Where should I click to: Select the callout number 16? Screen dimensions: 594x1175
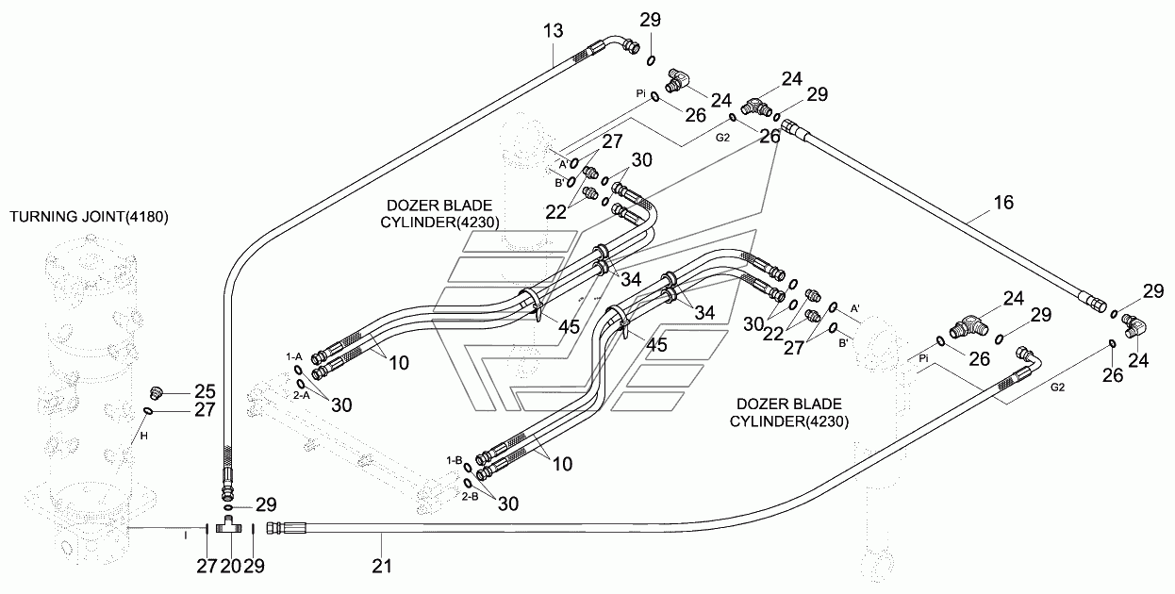click(x=1002, y=202)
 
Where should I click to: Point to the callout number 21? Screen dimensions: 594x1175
click(x=382, y=566)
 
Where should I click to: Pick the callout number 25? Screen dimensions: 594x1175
click(x=206, y=390)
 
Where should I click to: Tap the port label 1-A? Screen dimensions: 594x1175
click(x=294, y=356)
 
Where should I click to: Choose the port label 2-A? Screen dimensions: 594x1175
click(x=301, y=395)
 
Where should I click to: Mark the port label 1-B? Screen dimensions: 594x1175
click(x=454, y=459)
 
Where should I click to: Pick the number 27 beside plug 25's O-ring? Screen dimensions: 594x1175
click(x=206, y=410)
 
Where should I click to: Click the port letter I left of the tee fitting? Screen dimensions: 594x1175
click(x=187, y=534)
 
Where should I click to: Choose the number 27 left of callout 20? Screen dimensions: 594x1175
click(x=206, y=566)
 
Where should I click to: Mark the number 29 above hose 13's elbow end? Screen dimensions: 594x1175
click(x=650, y=21)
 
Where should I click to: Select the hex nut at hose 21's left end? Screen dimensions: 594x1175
click(x=273, y=528)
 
